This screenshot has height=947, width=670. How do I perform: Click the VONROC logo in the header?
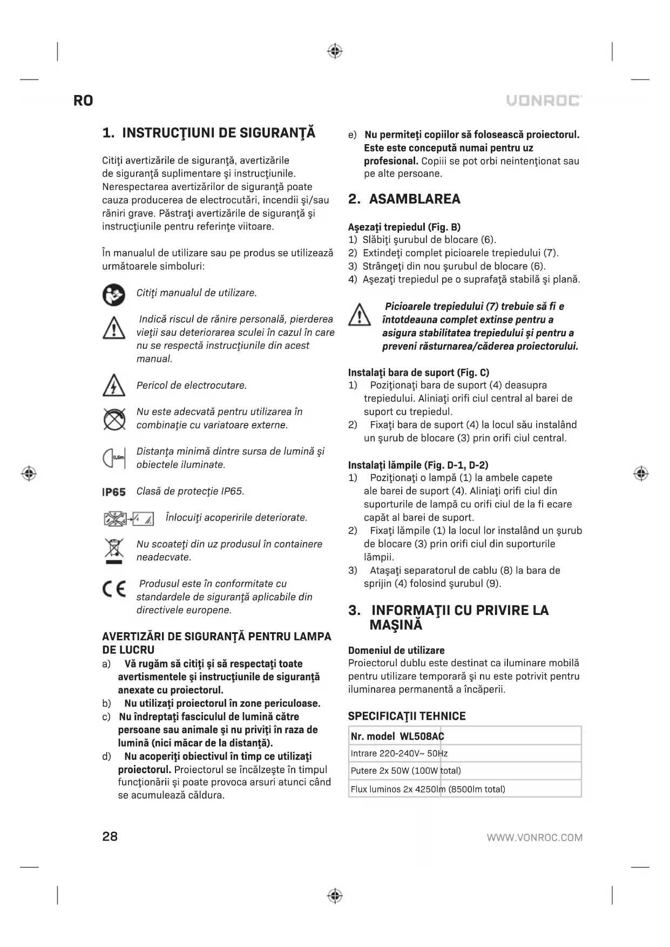(544, 101)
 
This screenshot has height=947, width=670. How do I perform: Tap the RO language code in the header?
(83, 101)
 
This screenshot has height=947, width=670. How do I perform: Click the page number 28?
(110, 836)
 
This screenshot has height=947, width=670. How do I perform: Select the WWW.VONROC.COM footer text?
(534, 837)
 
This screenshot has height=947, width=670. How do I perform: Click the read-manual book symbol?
(113, 295)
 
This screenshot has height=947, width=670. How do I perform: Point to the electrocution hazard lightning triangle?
(113, 385)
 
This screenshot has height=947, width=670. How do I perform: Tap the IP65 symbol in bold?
(114, 492)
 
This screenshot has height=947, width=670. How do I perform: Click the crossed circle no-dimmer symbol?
(114, 419)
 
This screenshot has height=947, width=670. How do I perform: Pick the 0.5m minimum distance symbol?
(114, 458)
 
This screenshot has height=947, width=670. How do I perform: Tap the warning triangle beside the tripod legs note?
(360, 315)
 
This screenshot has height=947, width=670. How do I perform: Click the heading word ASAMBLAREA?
(415, 199)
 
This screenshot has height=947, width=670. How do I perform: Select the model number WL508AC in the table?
(422, 736)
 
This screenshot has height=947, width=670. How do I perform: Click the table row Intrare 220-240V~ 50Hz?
(399, 753)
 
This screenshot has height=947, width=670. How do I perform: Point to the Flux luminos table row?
(428, 789)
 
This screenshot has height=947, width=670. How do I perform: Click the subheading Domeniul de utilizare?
(396, 650)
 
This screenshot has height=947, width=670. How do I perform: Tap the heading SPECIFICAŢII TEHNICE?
(407, 716)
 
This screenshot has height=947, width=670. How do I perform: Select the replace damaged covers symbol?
(128, 519)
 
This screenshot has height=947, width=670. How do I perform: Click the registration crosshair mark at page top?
(335, 51)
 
